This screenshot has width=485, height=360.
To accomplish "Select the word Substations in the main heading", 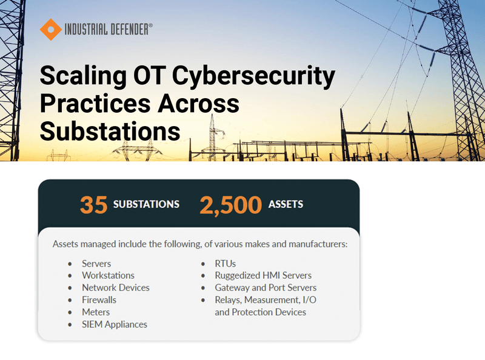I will tap(110, 130).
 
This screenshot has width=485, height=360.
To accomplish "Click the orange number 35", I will tap(93, 204).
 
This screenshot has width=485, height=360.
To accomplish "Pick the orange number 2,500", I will tap(231, 204).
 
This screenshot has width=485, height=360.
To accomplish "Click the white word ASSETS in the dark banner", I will tap(286, 204).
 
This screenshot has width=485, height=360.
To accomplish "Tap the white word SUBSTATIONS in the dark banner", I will tap(146, 204).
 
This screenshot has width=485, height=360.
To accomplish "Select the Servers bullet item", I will tap(96, 264).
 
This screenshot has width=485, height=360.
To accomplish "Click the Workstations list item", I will tap(108, 276).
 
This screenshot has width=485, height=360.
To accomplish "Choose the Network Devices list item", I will tap(115, 288).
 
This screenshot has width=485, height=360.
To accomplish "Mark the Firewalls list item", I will tap(99, 300).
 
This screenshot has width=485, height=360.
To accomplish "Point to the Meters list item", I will tap(96, 312).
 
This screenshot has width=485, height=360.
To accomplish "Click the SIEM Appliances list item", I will tap(115, 324).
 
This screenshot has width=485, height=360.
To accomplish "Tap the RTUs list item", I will tap(225, 264).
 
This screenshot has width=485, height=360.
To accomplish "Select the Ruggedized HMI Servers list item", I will tap(263, 276).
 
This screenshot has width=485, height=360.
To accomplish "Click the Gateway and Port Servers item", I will tap(266, 288).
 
